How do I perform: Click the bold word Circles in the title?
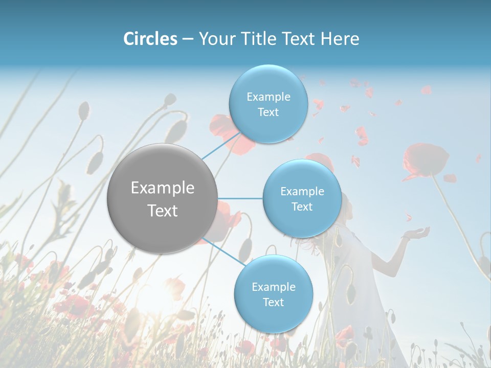150,39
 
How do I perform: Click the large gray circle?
163,198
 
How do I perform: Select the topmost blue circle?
268,104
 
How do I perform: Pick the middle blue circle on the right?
302,198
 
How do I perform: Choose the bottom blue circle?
273,294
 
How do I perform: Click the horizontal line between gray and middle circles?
240,198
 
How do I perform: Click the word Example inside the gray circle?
163,188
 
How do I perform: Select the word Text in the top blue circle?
268,112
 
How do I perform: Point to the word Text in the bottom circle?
273,302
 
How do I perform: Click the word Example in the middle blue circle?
302,191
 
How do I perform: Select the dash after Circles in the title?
187,39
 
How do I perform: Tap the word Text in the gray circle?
163,210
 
